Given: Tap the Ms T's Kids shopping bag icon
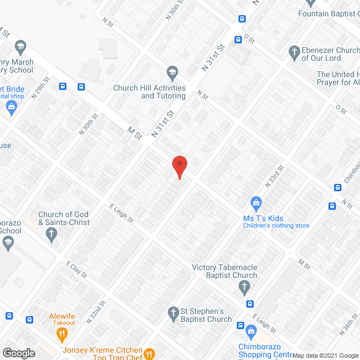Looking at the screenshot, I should [256, 202].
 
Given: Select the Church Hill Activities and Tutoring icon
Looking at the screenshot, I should [172, 73].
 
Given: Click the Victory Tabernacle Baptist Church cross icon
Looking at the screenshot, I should [244, 288].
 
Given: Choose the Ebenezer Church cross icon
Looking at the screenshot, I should [294, 53].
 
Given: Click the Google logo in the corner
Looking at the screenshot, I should [19, 353].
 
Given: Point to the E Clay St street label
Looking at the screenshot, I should [76, 269].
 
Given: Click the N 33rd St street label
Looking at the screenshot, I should [274, 176].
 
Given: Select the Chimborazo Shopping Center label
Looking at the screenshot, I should [265, 350].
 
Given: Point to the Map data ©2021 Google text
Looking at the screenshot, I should [328, 355].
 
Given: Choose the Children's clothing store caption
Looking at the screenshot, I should [276, 226].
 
